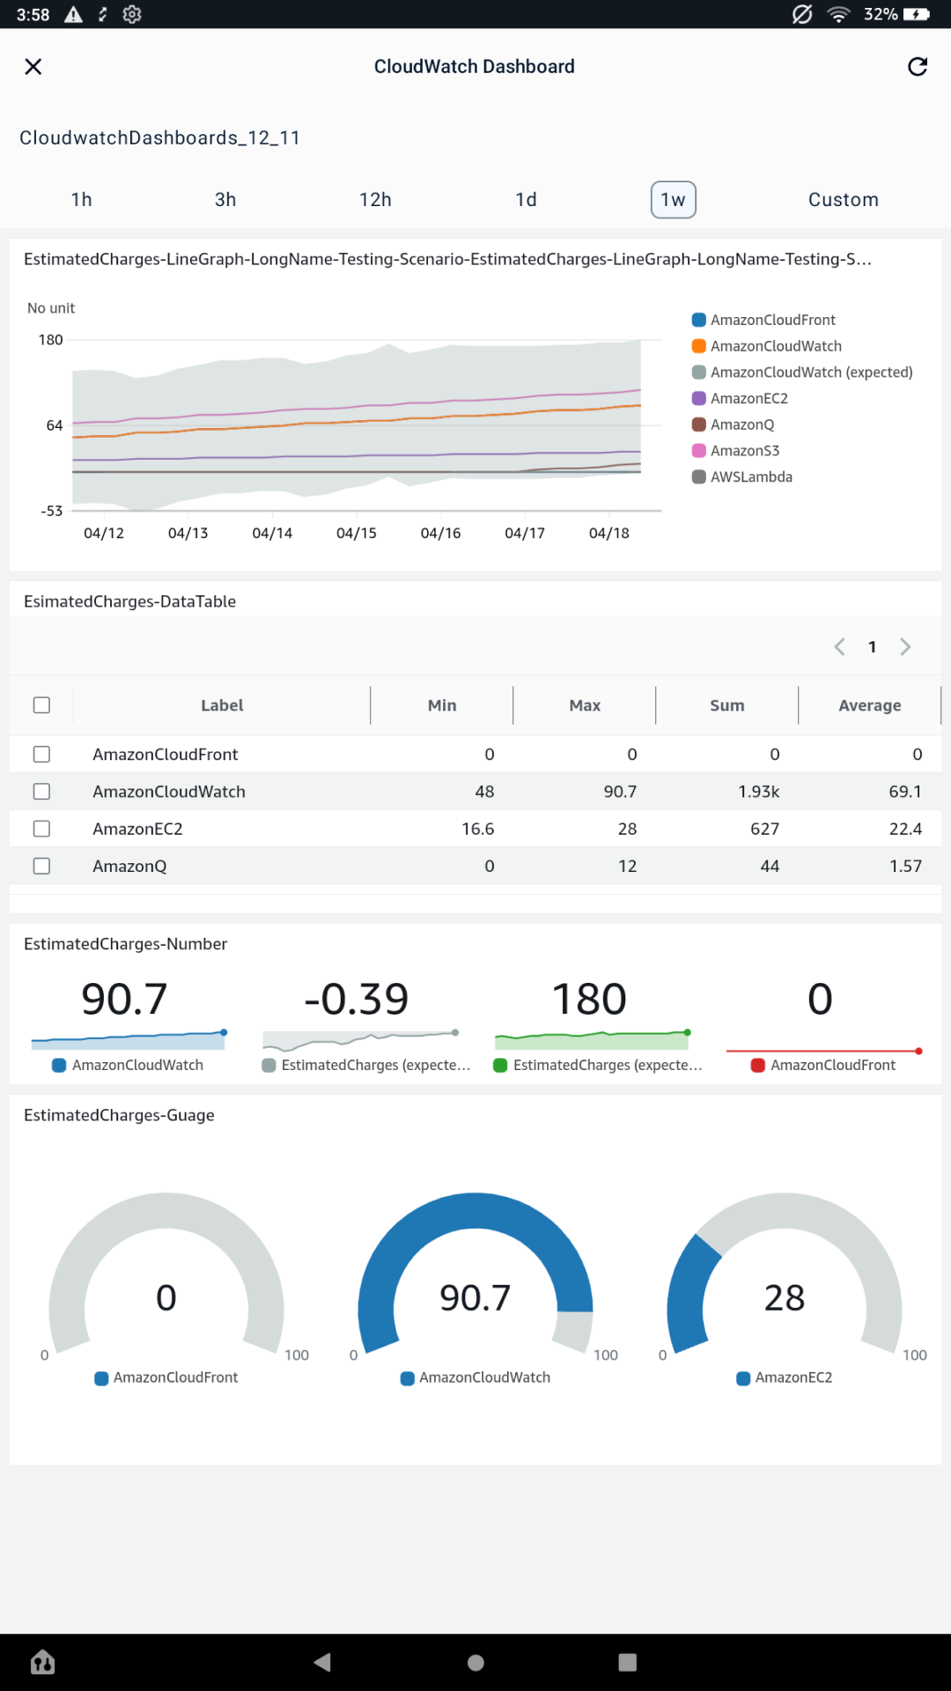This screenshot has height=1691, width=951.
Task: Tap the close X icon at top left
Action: (33, 67)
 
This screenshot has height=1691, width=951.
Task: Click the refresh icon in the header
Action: (918, 67)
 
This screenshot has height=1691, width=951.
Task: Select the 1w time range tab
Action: (673, 200)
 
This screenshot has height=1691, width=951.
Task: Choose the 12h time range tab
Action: (375, 200)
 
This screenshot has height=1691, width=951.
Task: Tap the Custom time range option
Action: (843, 200)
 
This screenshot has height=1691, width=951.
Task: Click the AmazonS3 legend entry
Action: (744, 451)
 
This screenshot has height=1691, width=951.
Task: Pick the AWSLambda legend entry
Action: (750, 477)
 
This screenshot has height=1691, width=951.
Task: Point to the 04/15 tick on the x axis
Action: (356, 533)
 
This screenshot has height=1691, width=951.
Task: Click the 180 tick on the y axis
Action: (51, 340)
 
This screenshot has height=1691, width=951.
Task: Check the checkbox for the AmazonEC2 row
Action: (41, 829)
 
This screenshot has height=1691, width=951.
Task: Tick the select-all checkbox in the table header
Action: (41, 705)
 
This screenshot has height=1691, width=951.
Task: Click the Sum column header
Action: (726, 705)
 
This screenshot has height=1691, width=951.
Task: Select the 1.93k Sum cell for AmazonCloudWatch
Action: (758, 792)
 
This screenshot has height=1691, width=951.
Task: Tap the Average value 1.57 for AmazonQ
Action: (904, 867)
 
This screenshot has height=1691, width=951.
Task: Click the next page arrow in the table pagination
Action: (905, 647)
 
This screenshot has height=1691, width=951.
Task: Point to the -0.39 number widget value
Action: (356, 999)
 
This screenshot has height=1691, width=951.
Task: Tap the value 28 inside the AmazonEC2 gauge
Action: (784, 1298)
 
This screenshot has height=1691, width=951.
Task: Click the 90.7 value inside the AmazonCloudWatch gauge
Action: (475, 1298)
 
